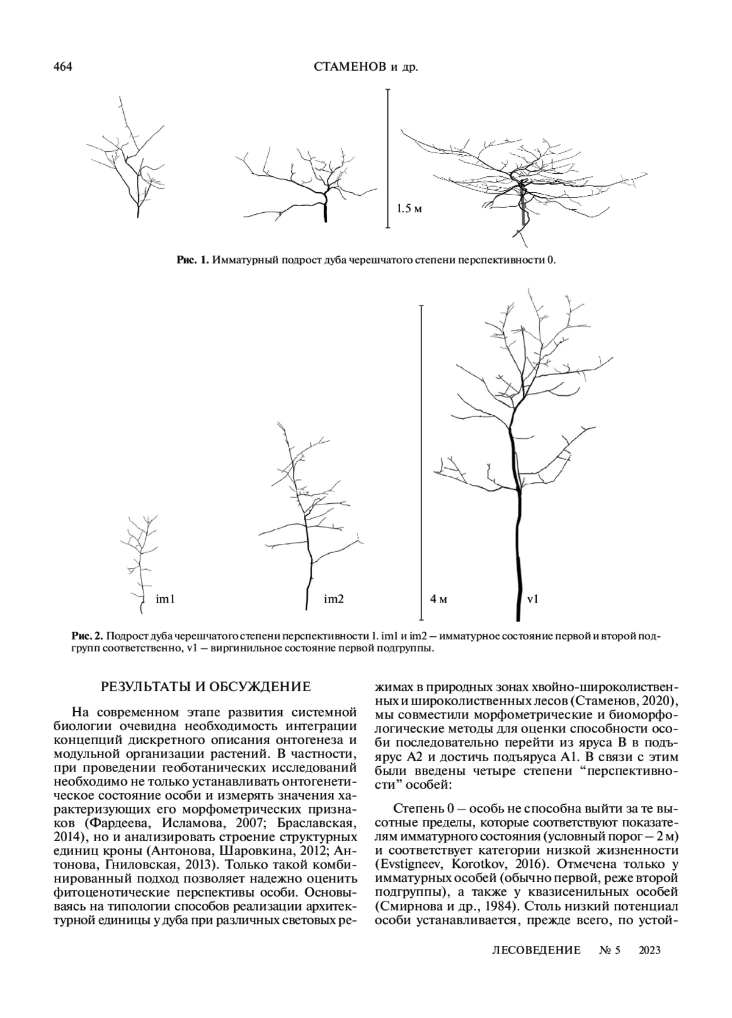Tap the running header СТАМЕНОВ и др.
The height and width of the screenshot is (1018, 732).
click(366, 68)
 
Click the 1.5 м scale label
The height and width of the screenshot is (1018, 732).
click(409, 209)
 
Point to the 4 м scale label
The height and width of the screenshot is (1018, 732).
click(439, 600)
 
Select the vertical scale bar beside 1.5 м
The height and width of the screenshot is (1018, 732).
click(387, 158)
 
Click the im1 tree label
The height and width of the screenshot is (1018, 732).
click(165, 600)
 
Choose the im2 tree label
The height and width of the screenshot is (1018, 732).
click(334, 600)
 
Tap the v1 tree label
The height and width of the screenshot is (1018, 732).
click(533, 600)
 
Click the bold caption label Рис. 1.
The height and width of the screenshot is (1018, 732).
click(193, 260)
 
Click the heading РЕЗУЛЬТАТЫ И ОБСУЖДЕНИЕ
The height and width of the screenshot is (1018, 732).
click(206, 687)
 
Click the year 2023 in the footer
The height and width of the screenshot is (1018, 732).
click(650, 950)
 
